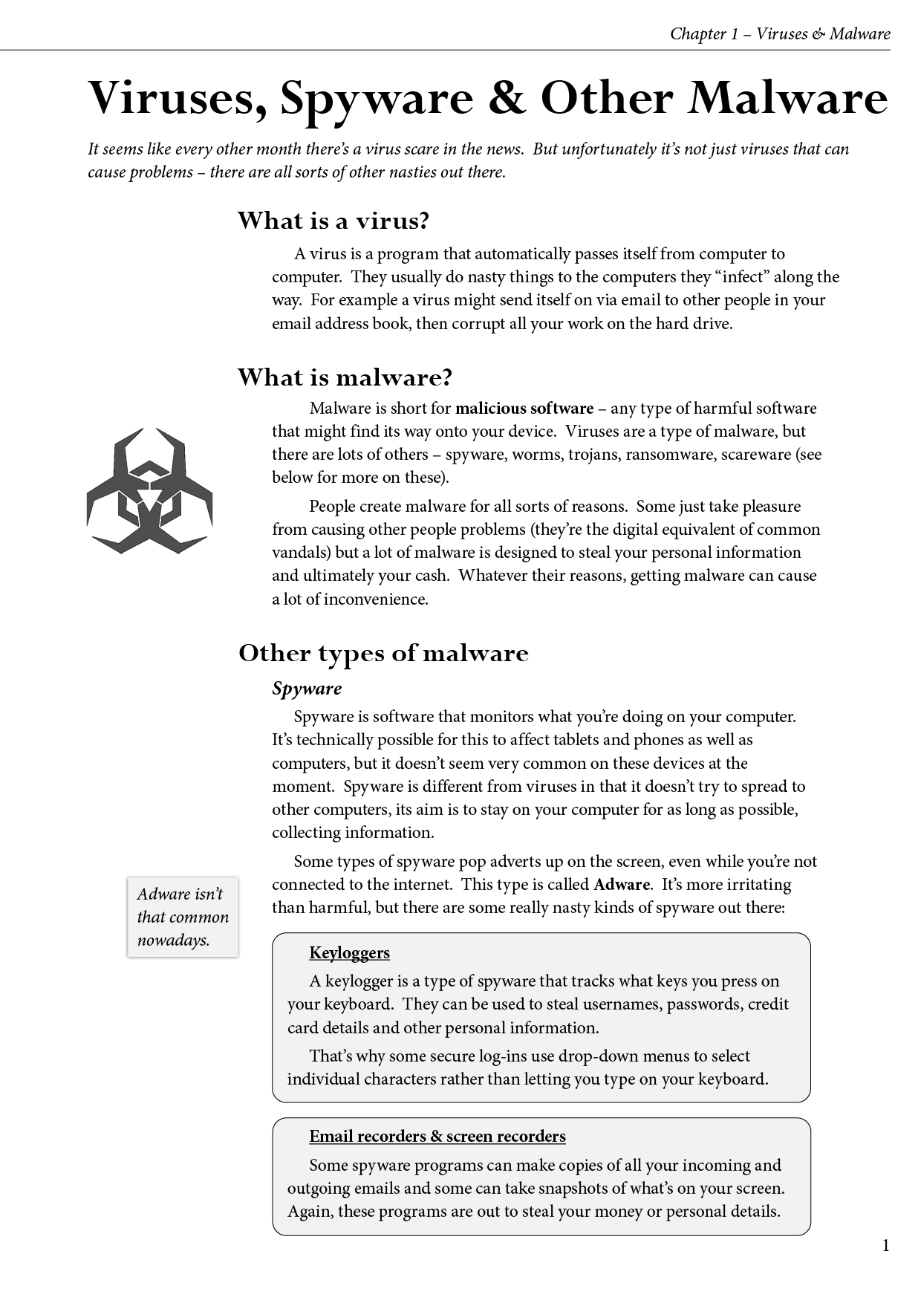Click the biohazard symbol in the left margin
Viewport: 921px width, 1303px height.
(149, 490)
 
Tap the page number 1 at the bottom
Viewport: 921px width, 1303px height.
(885, 1246)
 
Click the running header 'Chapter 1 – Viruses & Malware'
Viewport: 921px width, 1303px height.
(779, 33)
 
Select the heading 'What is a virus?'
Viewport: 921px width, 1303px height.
(333, 221)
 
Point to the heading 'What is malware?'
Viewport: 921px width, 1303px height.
(345, 377)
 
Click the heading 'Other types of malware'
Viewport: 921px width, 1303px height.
(383, 653)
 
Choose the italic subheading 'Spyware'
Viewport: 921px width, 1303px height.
(307, 688)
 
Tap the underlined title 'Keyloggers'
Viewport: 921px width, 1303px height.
(349, 953)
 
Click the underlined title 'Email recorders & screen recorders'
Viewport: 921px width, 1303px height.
(437, 1137)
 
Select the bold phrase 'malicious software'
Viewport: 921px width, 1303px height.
(524, 409)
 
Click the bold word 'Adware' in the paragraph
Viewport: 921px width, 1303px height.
(622, 885)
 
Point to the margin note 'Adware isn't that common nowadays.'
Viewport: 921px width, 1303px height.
(183, 917)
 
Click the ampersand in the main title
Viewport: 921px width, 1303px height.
(507, 98)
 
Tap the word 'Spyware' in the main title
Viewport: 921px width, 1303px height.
(376, 100)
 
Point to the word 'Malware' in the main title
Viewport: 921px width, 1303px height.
(787, 98)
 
